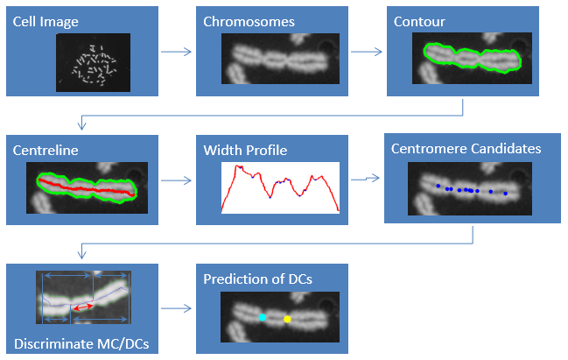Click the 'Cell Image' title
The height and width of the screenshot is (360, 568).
[46, 22]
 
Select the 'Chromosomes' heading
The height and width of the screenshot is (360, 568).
[249, 22]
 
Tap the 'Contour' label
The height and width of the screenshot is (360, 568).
[419, 22]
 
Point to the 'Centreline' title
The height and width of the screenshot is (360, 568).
[46, 151]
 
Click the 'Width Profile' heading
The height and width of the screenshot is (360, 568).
[245, 151]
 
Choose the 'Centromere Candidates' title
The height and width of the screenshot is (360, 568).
[466, 149]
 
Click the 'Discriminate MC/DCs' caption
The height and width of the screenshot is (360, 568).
[81, 343]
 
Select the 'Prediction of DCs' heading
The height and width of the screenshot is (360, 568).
[257, 279]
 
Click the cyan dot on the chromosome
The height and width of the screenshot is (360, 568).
[263, 318]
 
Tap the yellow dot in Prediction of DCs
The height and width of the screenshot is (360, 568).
[287, 319]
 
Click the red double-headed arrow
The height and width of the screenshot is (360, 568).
[83, 307]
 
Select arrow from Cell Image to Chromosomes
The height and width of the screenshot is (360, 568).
[176, 52]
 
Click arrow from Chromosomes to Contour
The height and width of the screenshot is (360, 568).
[367, 52]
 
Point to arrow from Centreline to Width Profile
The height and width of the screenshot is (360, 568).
[176, 180]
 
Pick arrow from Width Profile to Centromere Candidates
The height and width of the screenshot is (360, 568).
[365, 179]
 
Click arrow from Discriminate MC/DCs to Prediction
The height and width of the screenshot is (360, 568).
[176, 308]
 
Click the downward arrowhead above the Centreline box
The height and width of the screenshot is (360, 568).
[82, 125]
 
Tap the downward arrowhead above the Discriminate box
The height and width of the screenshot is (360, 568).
[82, 254]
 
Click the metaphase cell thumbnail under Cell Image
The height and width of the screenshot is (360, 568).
[93, 62]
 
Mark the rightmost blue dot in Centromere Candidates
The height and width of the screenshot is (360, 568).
[505, 194]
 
